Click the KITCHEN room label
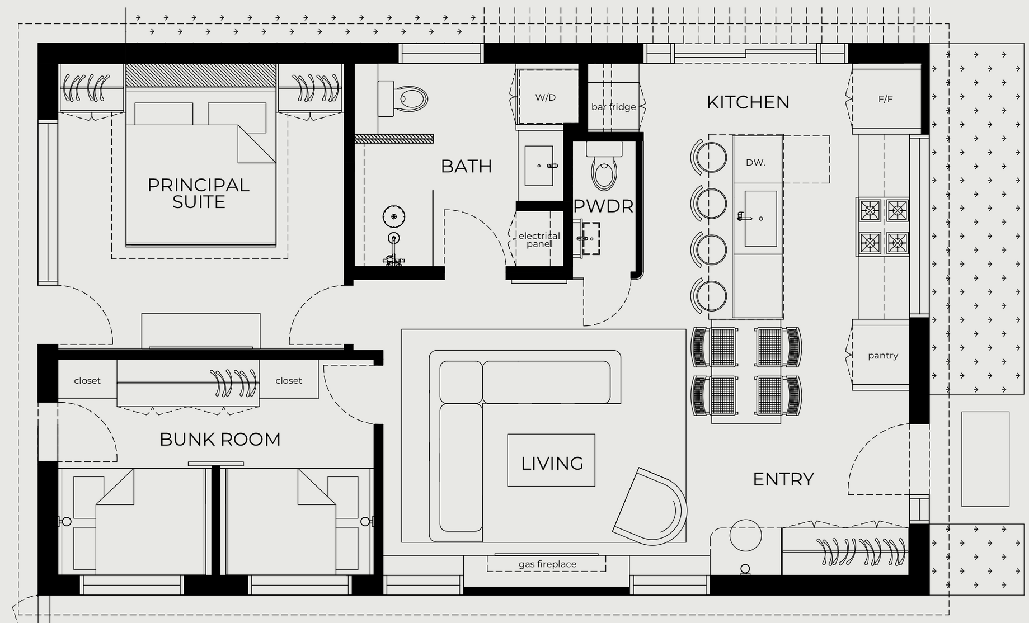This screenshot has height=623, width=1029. point(748,102)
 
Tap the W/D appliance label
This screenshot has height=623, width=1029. point(545,97)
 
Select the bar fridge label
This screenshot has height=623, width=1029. point(613,107)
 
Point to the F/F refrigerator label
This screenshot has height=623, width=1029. point(885,99)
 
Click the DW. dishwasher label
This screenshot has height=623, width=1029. point(755,162)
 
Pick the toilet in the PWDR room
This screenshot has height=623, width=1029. point(604,165)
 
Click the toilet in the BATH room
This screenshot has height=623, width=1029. point(403,98)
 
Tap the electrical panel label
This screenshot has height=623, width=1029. point(539,239)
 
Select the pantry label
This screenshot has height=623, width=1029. point(882,356)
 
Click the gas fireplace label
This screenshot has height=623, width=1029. point(547,564)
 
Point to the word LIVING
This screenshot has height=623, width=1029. point(552,464)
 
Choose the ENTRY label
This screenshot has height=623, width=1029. point(783,479)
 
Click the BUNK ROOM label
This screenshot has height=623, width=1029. point(220,440)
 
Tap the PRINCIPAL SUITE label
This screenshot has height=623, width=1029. point(199,193)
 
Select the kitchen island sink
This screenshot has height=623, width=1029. point(760,219)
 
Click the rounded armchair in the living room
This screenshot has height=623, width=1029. point(650,507)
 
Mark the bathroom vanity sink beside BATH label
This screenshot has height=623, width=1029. point(539,166)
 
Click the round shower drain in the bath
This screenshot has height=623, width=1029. point(394,216)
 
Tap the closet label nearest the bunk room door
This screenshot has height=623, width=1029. point(289,381)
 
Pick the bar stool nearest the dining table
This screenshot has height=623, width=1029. point(708,296)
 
